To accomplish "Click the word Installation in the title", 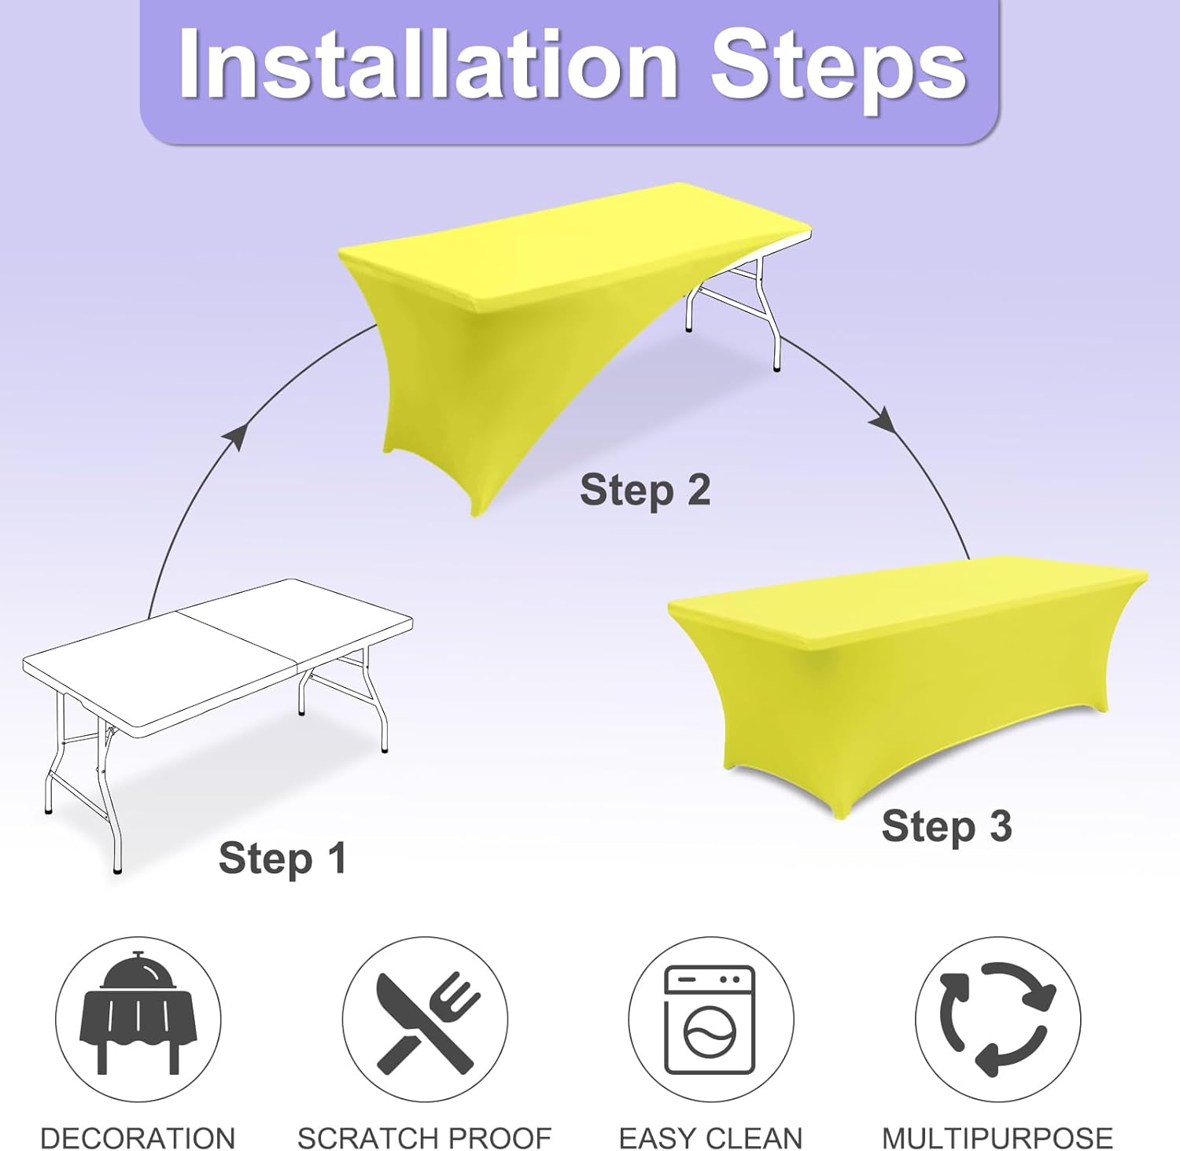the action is [429, 64].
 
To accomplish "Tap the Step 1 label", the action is [282, 859].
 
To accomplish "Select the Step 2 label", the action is [645, 491].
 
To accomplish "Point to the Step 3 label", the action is [946, 827].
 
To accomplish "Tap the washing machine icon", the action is [710, 1020].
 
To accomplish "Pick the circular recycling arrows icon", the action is [997, 1020].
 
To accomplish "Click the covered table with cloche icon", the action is [138, 1013].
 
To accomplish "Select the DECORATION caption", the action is [138, 1138].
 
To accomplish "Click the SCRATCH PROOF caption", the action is [425, 1138].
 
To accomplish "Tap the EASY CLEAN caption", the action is [710, 1138].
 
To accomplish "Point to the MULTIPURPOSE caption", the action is [997, 1138].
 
